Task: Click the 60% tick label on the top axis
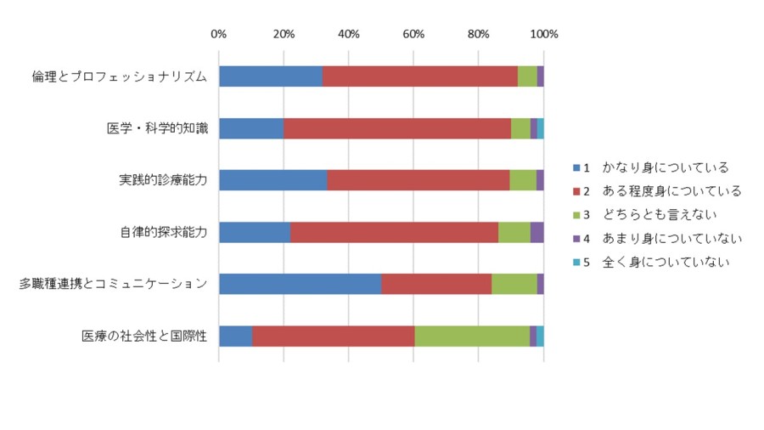pos(413,34)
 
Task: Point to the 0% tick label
pos(219,34)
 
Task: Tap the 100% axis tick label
pos(544,34)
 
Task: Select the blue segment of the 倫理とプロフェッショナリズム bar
pos(271,76)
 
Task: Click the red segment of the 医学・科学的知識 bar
pos(397,128)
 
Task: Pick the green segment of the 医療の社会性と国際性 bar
pos(472,337)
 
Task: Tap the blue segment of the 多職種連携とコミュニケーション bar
pos(301,284)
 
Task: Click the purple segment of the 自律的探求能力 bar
pos(537,232)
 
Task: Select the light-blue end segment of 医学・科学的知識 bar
pos(541,128)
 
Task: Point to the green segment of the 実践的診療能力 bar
pos(523,180)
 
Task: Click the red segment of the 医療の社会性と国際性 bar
pos(334,337)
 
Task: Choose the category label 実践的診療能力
pos(163,180)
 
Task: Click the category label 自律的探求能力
pos(164,232)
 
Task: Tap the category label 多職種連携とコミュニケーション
pos(113,284)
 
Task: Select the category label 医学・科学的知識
pos(157,128)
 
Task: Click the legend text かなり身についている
pos(665,167)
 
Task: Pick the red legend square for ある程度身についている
pos(576,191)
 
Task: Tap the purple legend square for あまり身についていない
pos(576,239)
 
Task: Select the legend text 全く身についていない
pos(666,262)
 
